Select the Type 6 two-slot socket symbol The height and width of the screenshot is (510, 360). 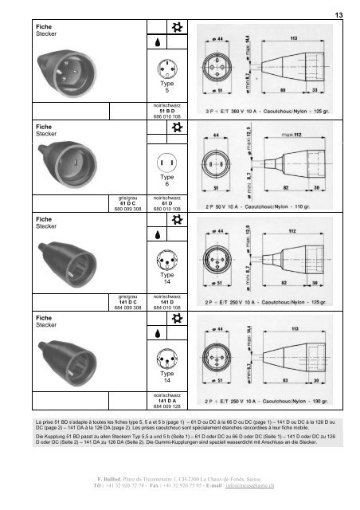pyautogui.click(x=167, y=165)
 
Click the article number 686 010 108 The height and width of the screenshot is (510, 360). pyautogui.click(x=167, y=116)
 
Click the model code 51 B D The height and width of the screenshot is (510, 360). pyautogui.click(x=167, y=110)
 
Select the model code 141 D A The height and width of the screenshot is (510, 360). pyautogui.click(x=167, y=401)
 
